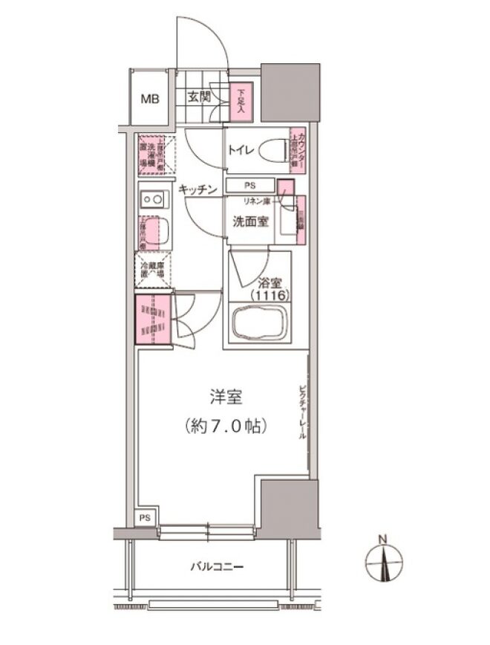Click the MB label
click(150, 100)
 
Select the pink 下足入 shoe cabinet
click(241, 102)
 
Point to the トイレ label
click(241, 150)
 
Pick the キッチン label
click(197, 190)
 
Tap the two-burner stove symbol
click(154, 198)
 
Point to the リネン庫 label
click(258, 201)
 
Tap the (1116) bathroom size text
click(268, 296)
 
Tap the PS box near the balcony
click(146, 518)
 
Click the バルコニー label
click(218, 567)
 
